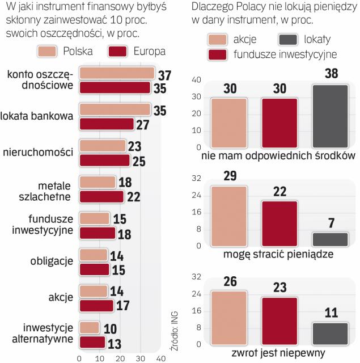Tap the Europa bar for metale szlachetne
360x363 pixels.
point(101,196)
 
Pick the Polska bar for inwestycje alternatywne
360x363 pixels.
point(89,328)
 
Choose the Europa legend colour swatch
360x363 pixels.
point(120,52)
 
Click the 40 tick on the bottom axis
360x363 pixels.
point(160,358)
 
